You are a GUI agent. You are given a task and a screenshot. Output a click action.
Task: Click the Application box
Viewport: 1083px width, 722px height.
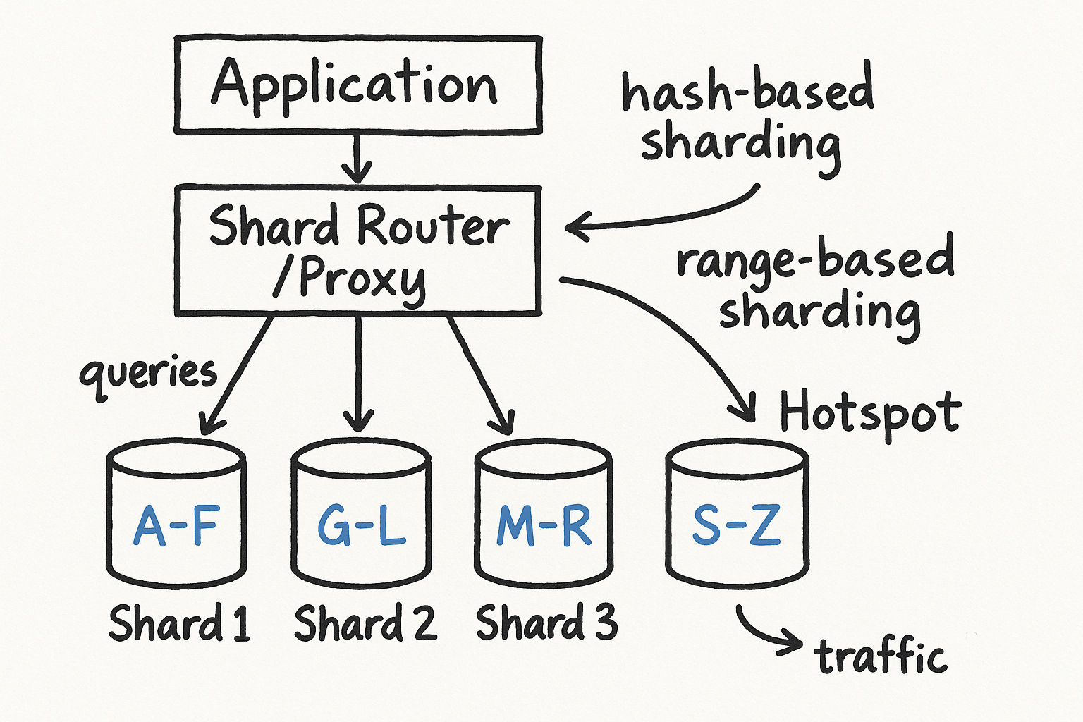[357, 85]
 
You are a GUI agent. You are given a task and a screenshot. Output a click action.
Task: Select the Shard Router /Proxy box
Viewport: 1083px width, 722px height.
[357, 250]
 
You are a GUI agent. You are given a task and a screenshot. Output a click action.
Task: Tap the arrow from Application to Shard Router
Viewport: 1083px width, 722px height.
[357, 159]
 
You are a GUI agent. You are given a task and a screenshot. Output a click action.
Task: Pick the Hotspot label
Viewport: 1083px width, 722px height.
[869, 412]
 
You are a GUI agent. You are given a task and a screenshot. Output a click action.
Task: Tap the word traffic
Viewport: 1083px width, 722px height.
[880, 656]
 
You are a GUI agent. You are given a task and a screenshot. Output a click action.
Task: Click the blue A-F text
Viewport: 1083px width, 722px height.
[176, 526]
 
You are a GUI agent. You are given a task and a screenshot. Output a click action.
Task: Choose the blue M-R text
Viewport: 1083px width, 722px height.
[544, 526]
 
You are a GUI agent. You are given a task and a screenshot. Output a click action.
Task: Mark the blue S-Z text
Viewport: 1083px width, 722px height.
[736, 526]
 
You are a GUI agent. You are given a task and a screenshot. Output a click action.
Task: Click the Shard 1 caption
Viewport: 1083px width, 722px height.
[179, 623]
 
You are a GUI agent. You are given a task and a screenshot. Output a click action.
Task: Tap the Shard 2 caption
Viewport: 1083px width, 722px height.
[365, 623]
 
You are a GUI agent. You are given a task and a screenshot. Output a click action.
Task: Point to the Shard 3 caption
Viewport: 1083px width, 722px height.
[546, 623]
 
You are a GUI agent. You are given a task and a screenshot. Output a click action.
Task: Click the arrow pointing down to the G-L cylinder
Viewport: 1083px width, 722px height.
[359, 374]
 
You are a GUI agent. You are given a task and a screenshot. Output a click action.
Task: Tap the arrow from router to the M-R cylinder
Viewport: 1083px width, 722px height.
[479, 374]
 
